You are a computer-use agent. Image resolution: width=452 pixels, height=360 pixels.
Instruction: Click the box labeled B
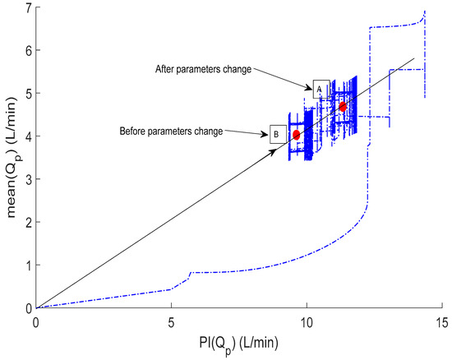[x=278, y=133]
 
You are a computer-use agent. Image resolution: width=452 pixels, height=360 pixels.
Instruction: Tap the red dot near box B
[x=296, y=135]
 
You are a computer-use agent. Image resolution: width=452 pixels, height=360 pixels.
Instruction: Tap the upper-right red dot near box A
[x=343, y=106]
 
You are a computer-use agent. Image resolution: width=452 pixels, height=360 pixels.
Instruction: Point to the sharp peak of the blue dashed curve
[x=424, y=12]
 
